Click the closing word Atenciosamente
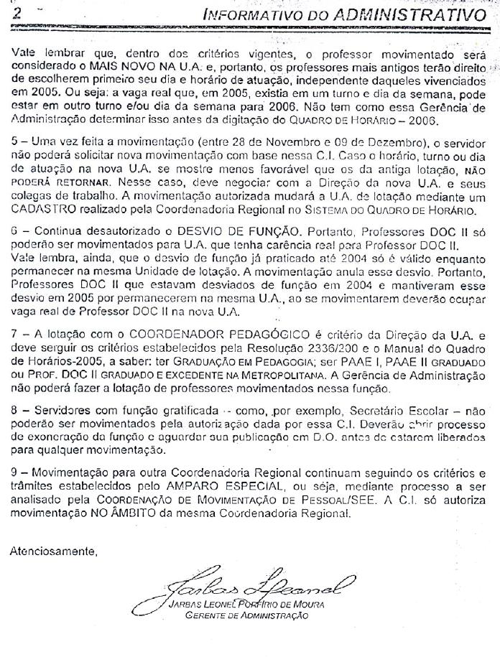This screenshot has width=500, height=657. [x=53, y=552]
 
